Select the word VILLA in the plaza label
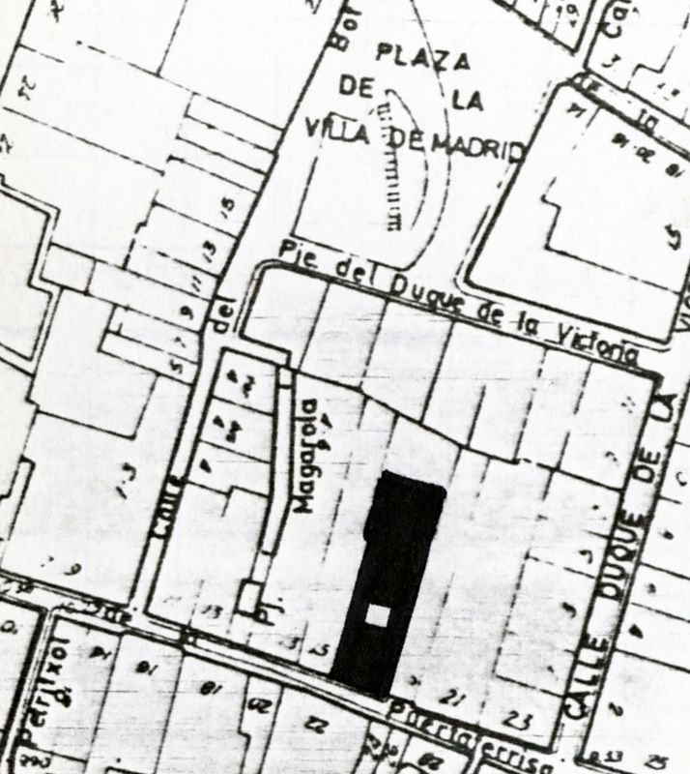coord(337,129)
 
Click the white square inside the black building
coord(379,615)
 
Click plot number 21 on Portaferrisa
coord(447,698)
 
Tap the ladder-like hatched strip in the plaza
coord(394,160)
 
